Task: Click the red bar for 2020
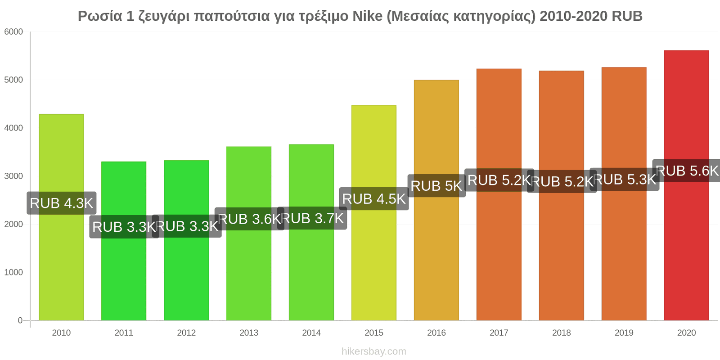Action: pos(686,185)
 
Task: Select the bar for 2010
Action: pos(61,217)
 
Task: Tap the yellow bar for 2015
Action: pos(374,213)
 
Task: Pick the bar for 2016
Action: pos(436,200)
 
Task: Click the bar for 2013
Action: pos(249,234)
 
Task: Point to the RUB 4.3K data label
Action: pos(61,203)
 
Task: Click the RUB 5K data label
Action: pos(436,186)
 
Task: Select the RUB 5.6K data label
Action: pos(687,171)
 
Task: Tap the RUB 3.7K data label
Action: pos(312,218)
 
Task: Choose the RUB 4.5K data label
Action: pos(374,198)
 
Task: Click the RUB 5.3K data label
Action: pos(625,180)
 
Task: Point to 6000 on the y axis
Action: pos(13,32)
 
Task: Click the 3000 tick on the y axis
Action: pos(13,176)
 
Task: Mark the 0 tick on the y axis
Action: pos(20,320)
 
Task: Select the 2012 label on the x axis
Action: pos(186,333)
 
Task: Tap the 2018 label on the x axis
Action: pos(562,333)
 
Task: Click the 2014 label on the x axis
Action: pos(311,333)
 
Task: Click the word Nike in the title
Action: pos(367,16)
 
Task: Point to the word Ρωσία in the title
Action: pos(100,16)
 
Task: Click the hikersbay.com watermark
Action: pos(374,351)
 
